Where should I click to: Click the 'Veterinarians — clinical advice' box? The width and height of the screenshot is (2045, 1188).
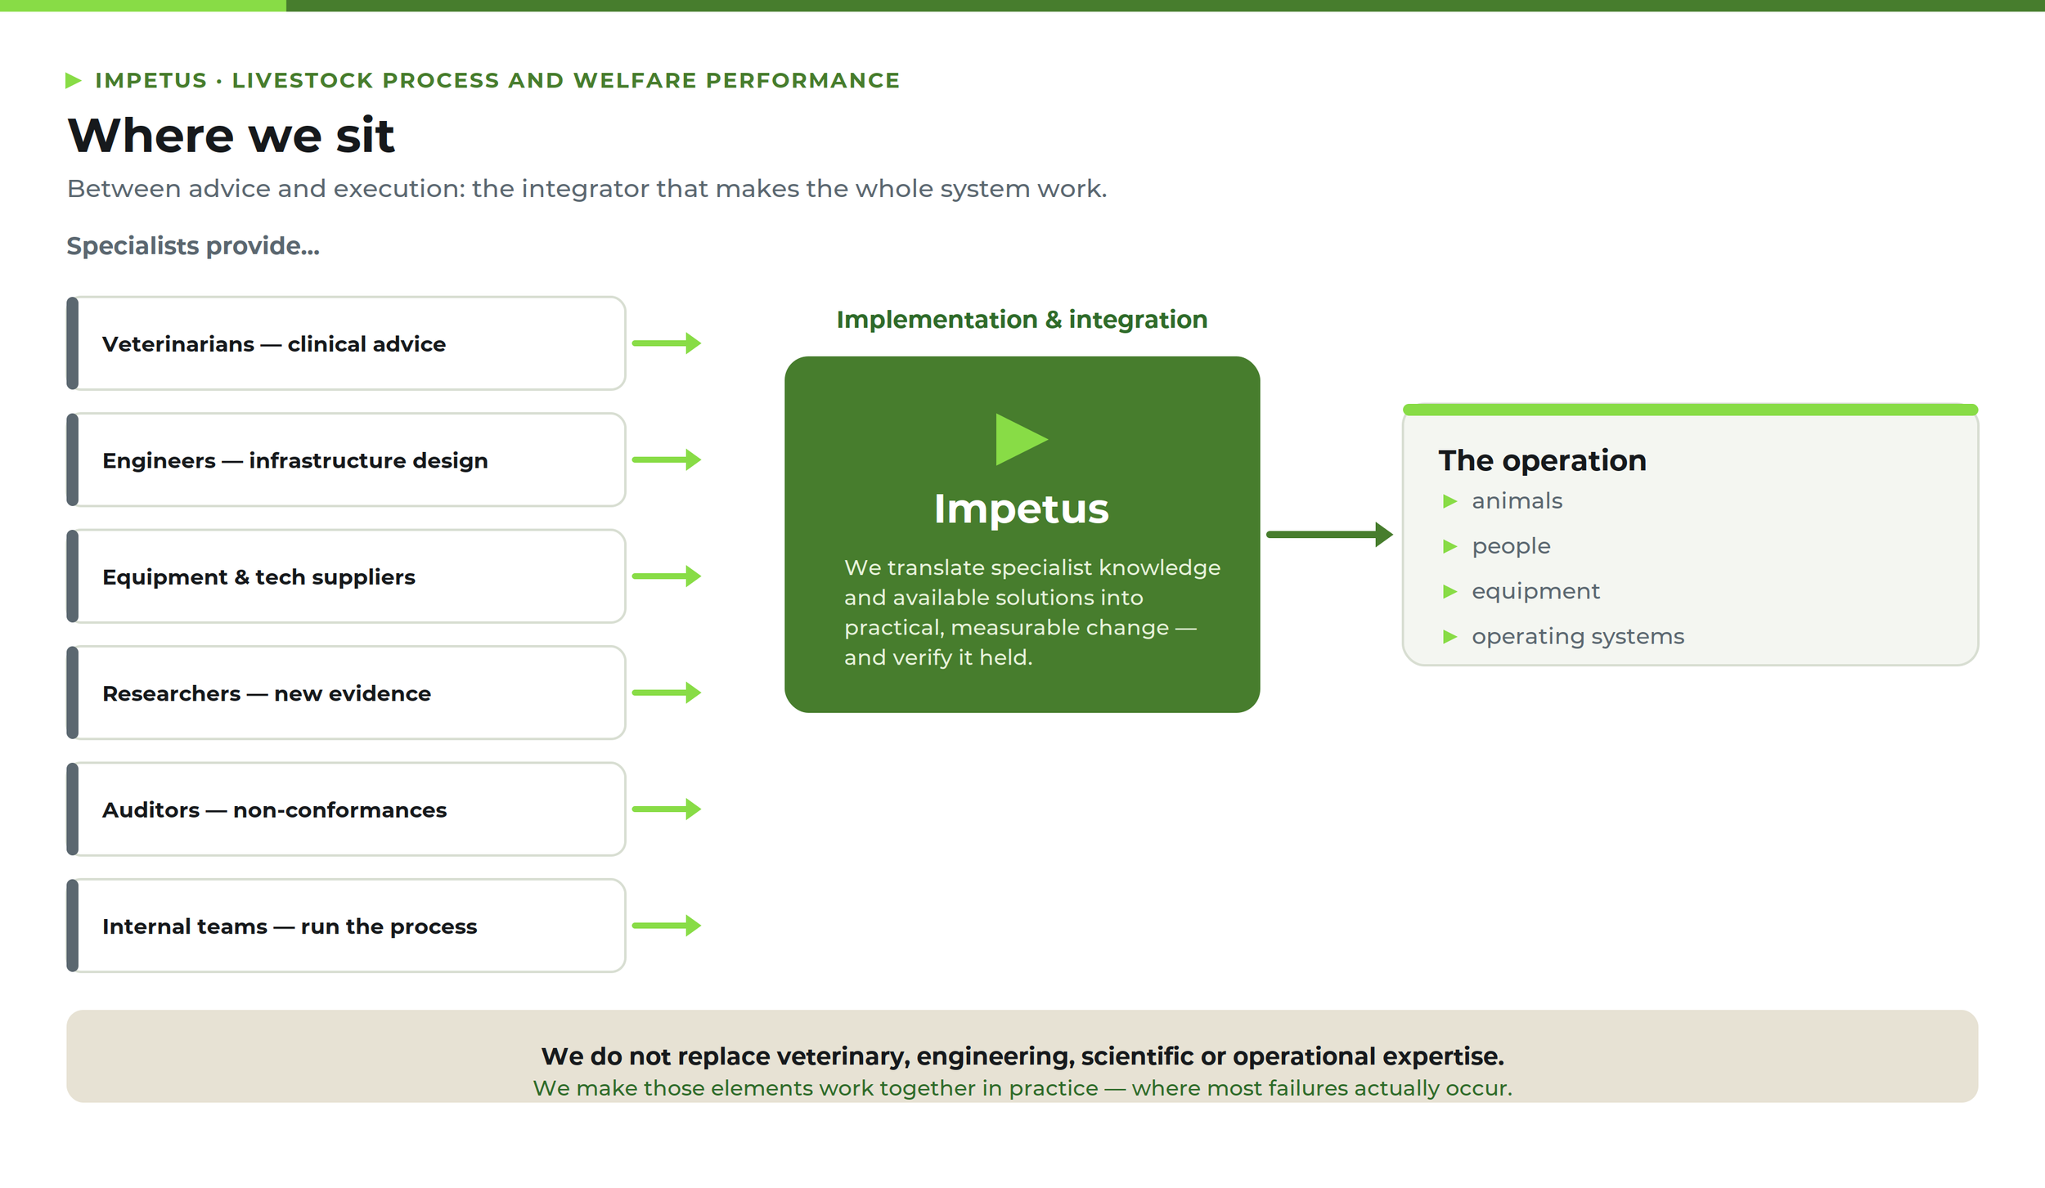(346, 343)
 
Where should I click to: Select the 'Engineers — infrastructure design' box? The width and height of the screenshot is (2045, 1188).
(346, 460)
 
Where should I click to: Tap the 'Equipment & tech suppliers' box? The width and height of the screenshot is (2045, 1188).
(346, 576)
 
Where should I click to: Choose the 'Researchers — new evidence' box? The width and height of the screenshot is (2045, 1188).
(346, 693)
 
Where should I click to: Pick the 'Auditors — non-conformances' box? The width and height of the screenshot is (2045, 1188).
(346, 809)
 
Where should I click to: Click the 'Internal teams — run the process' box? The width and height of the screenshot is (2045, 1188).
(346, 926)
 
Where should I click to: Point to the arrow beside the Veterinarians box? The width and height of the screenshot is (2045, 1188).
(667, 343)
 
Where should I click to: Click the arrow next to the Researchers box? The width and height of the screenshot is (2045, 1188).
(667, 693)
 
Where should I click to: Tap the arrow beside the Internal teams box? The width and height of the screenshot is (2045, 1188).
(667, 926)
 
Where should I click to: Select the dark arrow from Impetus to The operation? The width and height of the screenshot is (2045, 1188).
(1329, 535)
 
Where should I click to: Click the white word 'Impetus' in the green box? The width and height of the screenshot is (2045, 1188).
(1022, 509)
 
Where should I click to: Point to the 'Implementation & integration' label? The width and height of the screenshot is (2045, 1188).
(1022, 319)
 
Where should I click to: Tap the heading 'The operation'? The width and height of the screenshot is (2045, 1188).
(1542, 460)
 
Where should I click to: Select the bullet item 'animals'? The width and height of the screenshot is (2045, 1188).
(1517, 500)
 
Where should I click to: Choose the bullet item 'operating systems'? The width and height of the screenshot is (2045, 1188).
(1578, 636)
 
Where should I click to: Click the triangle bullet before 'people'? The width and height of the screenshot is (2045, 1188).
(1449, 546)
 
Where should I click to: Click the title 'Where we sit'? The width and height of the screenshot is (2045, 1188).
(231, 135)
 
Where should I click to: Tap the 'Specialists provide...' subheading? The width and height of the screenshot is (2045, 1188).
(193, 246)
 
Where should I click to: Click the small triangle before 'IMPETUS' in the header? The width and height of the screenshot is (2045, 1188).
(73, 80)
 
